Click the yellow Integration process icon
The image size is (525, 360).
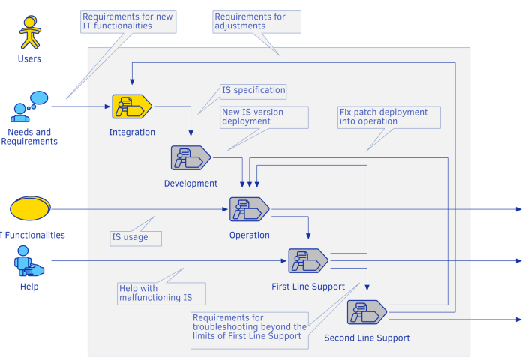click(132, 107)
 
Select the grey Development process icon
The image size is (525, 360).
click(190, 157)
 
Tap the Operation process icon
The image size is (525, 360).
click(249, 209)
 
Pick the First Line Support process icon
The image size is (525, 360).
click(308, 260)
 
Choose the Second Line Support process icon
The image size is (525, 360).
click(367, 312)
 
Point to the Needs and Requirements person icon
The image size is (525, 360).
click(28, 107)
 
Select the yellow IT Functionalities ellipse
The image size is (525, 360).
click(30, 209)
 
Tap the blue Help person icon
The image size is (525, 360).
click(28, 262)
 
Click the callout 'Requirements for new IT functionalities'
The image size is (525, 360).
click(127, 21)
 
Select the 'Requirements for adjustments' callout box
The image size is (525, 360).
click(256, 21)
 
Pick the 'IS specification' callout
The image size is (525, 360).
click(253, 90)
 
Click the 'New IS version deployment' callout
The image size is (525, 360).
click(263, 116)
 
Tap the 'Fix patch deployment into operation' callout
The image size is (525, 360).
click(382, 116)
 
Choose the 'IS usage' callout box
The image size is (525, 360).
click(135, 238)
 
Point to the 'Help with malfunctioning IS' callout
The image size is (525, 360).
click(160, 292)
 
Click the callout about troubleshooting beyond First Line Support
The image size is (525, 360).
click(250, 326)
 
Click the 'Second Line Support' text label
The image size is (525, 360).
click(367, 338)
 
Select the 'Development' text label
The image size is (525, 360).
click(190, 183)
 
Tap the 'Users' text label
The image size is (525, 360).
click(29, 58)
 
